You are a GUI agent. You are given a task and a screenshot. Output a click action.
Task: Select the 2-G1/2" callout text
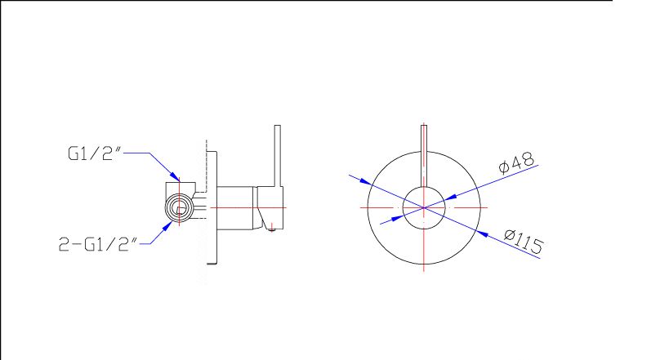[98, 244]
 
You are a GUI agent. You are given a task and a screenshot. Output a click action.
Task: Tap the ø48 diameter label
[516, 162]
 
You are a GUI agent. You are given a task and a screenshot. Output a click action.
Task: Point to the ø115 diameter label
[524, 241]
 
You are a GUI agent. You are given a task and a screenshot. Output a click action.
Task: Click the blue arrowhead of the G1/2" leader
[175, 176]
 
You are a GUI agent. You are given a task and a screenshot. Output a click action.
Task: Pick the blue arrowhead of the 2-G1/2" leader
[168, 226]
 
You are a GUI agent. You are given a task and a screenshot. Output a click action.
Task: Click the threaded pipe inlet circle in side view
[180, 208]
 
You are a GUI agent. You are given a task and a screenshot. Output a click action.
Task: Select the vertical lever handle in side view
[278, 156]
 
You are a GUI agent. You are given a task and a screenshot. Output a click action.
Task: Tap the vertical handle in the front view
[424, 156]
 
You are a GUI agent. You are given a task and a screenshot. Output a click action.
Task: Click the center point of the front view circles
[424, 208]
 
